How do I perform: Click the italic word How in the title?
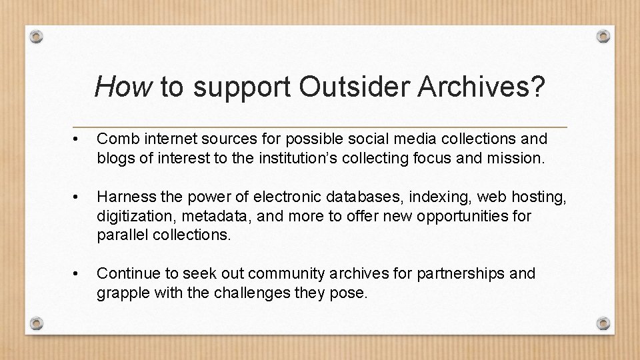pos(123,86)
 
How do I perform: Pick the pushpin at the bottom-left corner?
pos(38,323)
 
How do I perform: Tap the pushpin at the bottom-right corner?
pos(603,323)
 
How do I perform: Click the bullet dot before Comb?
pos(78,139)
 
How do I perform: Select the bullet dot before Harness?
pos(78,197)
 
